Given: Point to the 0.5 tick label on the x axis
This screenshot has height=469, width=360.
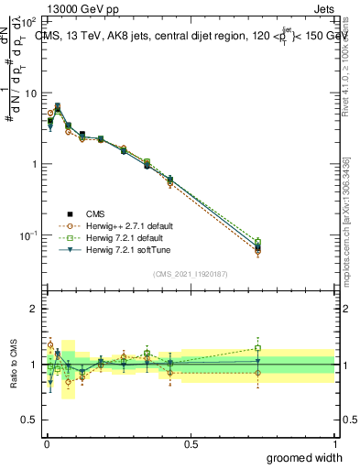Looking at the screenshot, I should pyautogui.click(x=191, y=442).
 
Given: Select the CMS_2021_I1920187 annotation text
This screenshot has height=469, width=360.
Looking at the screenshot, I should pyautogui.click(x=191, y=274).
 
